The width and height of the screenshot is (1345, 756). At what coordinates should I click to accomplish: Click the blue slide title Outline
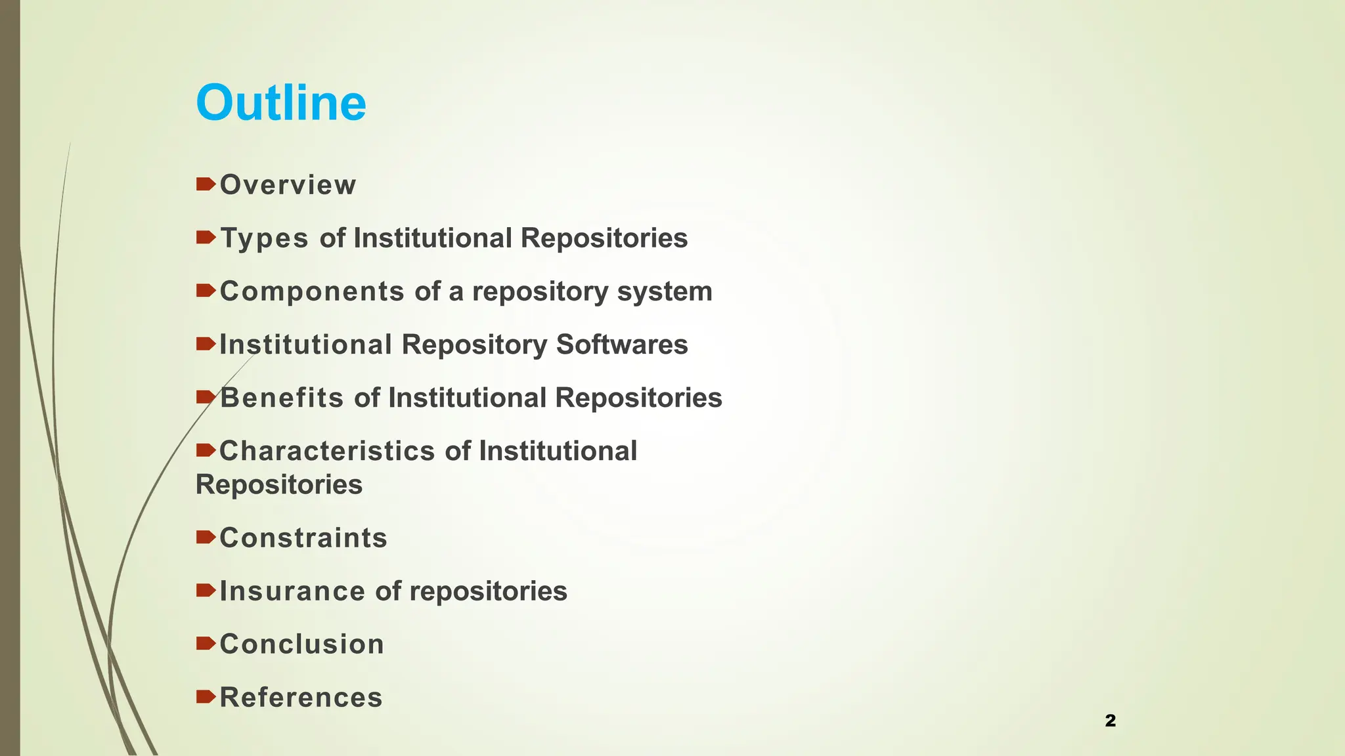(281, 103)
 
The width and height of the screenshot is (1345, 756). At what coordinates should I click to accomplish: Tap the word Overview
(288, 185)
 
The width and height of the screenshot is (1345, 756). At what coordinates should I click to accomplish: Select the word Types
(264, 238)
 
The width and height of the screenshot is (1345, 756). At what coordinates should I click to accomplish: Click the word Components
(312, 291)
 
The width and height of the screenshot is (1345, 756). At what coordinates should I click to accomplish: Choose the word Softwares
(622, 345)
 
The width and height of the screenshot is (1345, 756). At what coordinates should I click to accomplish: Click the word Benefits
(282, 398)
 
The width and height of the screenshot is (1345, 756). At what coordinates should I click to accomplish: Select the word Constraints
(303, 538)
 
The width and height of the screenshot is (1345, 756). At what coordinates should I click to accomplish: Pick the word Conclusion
(302, 644)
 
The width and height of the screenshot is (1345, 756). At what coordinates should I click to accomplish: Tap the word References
(301, 698)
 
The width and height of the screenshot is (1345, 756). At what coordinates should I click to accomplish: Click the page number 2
(1111, 721)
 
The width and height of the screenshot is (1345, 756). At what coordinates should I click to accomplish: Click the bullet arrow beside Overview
(206, 184)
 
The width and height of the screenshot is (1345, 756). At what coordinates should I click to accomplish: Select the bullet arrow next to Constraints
(206, 537)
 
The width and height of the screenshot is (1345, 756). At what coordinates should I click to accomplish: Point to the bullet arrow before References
(206, 697)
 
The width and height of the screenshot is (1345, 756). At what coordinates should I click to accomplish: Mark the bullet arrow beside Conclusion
(206, 644)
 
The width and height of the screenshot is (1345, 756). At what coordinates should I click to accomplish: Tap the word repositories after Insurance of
(489, 591)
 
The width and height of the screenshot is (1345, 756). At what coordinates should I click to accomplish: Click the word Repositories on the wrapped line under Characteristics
(279, 485)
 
